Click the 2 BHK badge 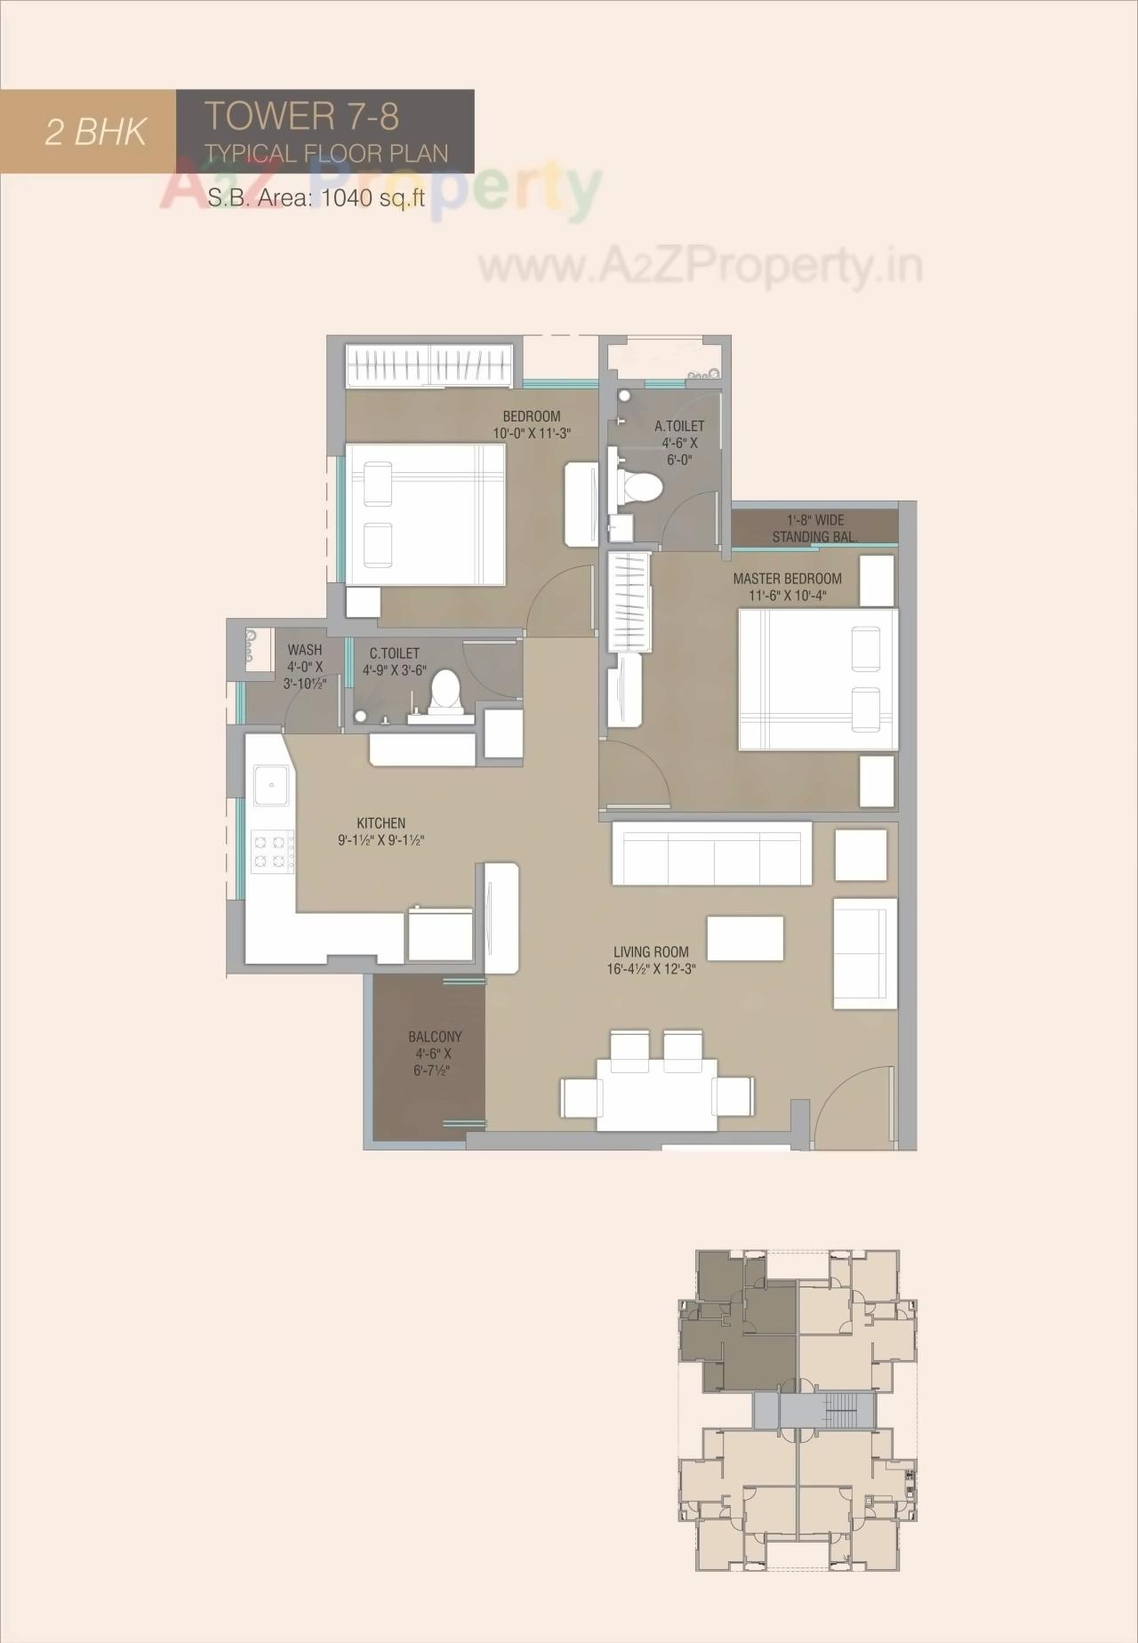click(x=95, y=132)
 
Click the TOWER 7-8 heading click(x=301, y=116)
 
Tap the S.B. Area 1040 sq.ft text click(x=316, y=197)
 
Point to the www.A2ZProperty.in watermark click(x=700, y=265)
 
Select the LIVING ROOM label click(x=651, y=960)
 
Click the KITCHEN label click(x=381, y=831)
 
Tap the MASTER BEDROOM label click(x=787, y=587)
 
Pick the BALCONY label click(x=435, y=1053)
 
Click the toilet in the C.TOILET click(x=445, y=693)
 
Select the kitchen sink click(x=269, y=784)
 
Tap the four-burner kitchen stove click(x=273, y=850)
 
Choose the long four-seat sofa click(x=711, y=853)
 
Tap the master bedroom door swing click(x=633, y=773)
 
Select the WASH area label click(x=305, y=667)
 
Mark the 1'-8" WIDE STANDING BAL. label click(x=814, y=528)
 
